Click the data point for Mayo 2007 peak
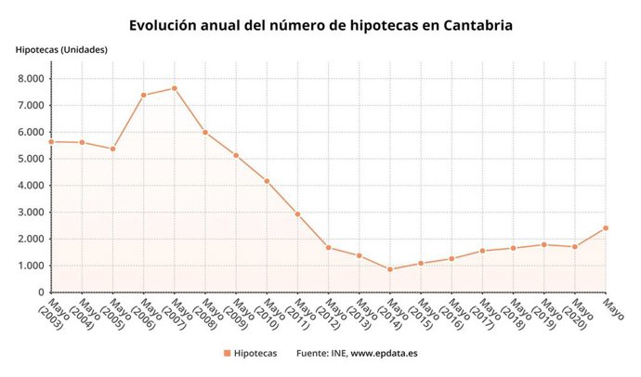click(174, 88)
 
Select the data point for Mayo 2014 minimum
click(390, 269)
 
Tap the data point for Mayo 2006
click(143, 95)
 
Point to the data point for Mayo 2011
click(297, 214)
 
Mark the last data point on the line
click(606, 227)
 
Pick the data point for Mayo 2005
click(112, 149)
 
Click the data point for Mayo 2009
click(236, 155)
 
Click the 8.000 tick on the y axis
click(31, 78)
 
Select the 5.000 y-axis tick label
click(31, 159)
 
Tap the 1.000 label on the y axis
click(31, 266)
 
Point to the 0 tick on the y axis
click(41, 292)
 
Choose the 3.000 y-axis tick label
click(31, 213)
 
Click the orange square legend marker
click(227, 354)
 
